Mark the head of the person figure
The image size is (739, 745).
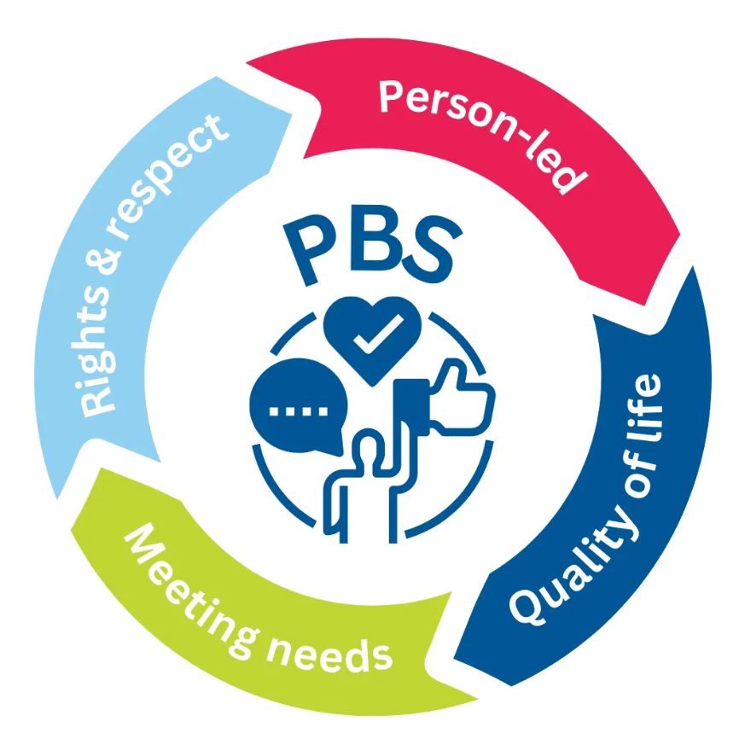369,445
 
